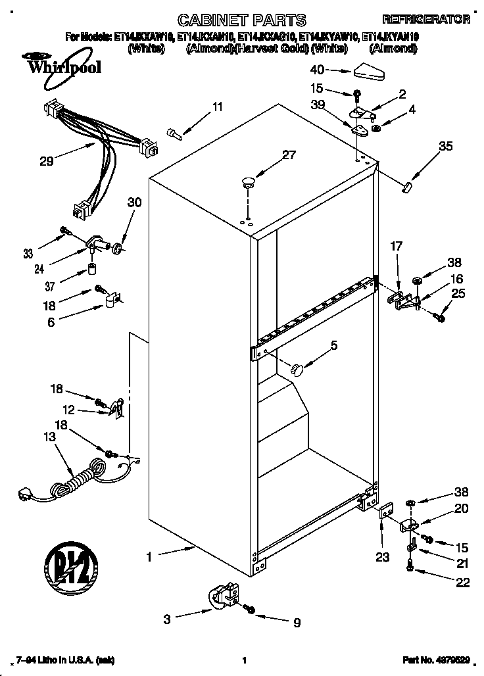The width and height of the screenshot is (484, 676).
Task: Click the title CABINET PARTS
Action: pos(243,20)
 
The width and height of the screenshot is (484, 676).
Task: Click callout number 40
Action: pos(316,69)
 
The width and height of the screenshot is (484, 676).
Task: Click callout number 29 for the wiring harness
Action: pos(47,160)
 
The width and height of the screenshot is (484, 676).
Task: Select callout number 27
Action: pos(289,155)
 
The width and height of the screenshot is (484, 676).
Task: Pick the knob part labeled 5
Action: pos(299,370)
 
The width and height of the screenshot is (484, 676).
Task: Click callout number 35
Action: pos(445,147)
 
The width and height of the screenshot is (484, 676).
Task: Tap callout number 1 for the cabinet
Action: pos(149,556)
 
